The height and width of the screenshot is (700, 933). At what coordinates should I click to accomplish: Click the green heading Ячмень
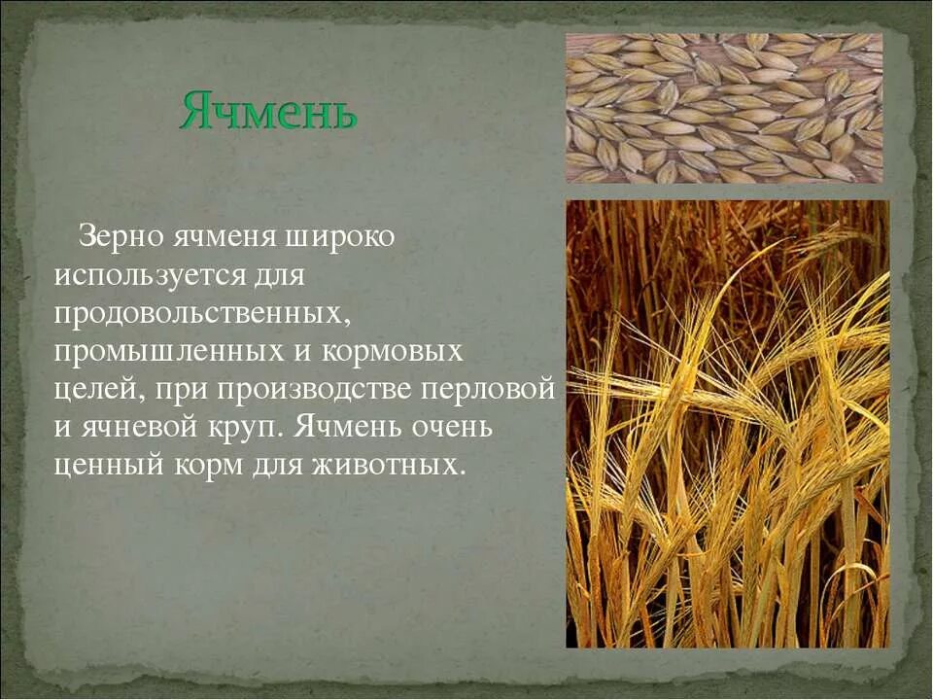coord(268,113)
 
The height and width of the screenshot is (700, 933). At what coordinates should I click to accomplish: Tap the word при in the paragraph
coord(182,389)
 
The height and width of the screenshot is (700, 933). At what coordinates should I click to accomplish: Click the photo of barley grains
coord(724,108)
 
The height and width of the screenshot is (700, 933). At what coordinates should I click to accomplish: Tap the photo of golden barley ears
coord(727,424)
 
